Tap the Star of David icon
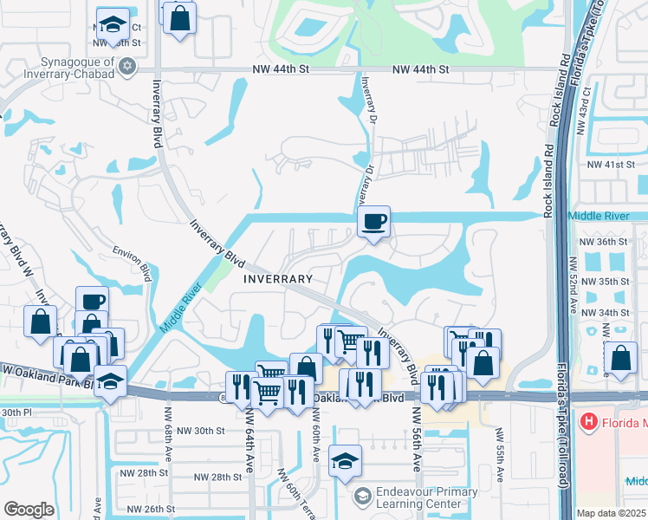pos(127,67)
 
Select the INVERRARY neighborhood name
pos(277,279)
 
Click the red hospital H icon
pos(589,422)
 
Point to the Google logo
pos(29,510)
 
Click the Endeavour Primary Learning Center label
pos(427,497)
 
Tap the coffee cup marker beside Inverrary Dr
pos(373,222)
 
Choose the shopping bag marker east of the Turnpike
pos(621,356)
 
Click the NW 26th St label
pos(151,509)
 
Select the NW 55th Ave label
pos(500,454)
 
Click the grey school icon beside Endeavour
pos(364,497)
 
